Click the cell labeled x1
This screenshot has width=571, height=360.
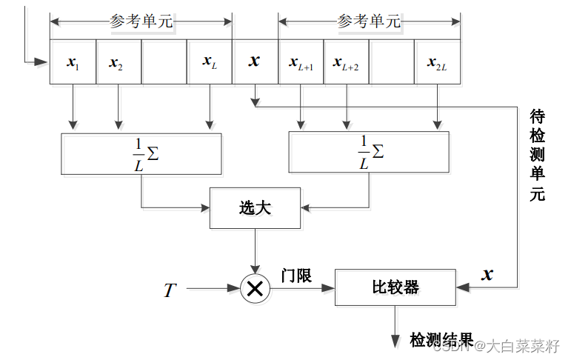click(x=73, y=62)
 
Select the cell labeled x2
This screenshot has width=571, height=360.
click(x=118, y=62)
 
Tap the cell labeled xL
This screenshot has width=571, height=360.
click(x=210, y=62)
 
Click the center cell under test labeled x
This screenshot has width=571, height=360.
click(x=255, y=62)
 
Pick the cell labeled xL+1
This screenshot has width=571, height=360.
click(x=301, y=62)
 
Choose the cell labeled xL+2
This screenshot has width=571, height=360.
click(x=346, y=62)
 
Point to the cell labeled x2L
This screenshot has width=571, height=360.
click(x=438, y=62)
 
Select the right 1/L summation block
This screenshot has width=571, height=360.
click(x=367, y=153)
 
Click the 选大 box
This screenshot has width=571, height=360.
click(x=255, y=208)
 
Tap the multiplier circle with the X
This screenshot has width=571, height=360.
click(x=255, y=289)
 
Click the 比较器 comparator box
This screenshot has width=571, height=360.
click(x=395, y=287)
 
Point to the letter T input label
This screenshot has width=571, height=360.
click(x=170, y=290)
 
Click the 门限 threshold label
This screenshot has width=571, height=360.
click(x=296, y=275)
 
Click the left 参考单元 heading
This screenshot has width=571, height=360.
click(x=141, y=22)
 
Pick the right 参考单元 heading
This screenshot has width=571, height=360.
click(x=369, y=22)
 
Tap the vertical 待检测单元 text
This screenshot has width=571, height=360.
click(x=538, y=156)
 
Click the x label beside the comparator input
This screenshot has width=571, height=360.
click(x=487, y=275)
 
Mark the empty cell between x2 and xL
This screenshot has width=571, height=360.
click(x=164, y=62)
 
